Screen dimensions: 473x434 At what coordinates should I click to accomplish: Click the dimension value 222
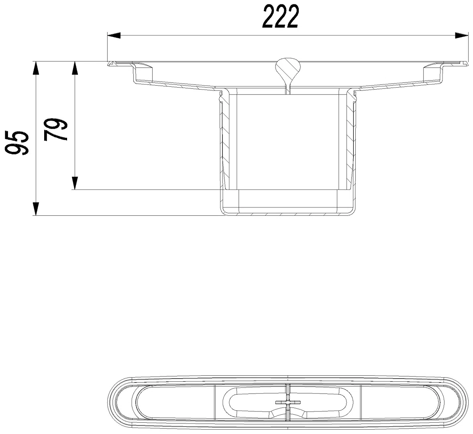coord(281,16)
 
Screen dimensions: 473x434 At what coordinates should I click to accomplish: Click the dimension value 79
coord(55,130)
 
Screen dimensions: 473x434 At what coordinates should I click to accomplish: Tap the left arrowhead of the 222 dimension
coord(114,35)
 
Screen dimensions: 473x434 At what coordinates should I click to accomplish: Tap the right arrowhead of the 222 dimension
coord(461,35)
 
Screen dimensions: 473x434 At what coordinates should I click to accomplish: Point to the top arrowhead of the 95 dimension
coord(36,68)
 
